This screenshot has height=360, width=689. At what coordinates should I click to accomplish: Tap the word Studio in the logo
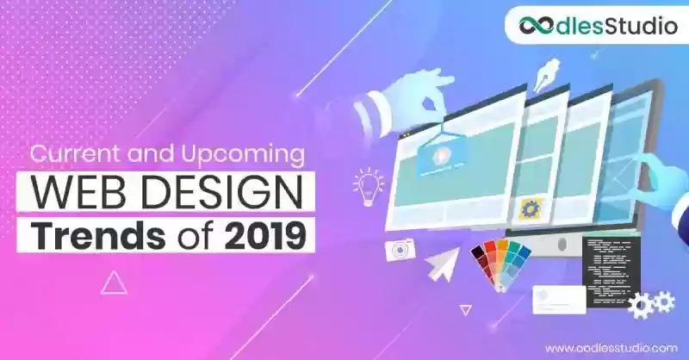coord(642,25)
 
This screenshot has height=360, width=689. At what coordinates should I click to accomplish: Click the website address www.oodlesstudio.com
coord(611,348)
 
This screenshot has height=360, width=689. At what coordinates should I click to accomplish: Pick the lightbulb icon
coord(368,186)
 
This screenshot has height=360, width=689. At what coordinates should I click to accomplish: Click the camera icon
coord(400,250)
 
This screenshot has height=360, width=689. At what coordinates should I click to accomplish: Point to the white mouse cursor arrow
coord(443,264)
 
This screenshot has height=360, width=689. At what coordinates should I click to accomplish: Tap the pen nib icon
coord(546,75)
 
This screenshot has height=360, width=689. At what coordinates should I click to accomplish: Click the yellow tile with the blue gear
coord(531,209)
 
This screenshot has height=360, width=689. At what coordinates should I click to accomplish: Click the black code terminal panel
coord(611,271)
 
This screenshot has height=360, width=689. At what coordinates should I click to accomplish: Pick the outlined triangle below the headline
coord(115,282)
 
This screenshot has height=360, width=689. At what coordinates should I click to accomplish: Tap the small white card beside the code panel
coord(559,300)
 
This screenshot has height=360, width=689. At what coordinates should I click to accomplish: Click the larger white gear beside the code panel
coord(641,306)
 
